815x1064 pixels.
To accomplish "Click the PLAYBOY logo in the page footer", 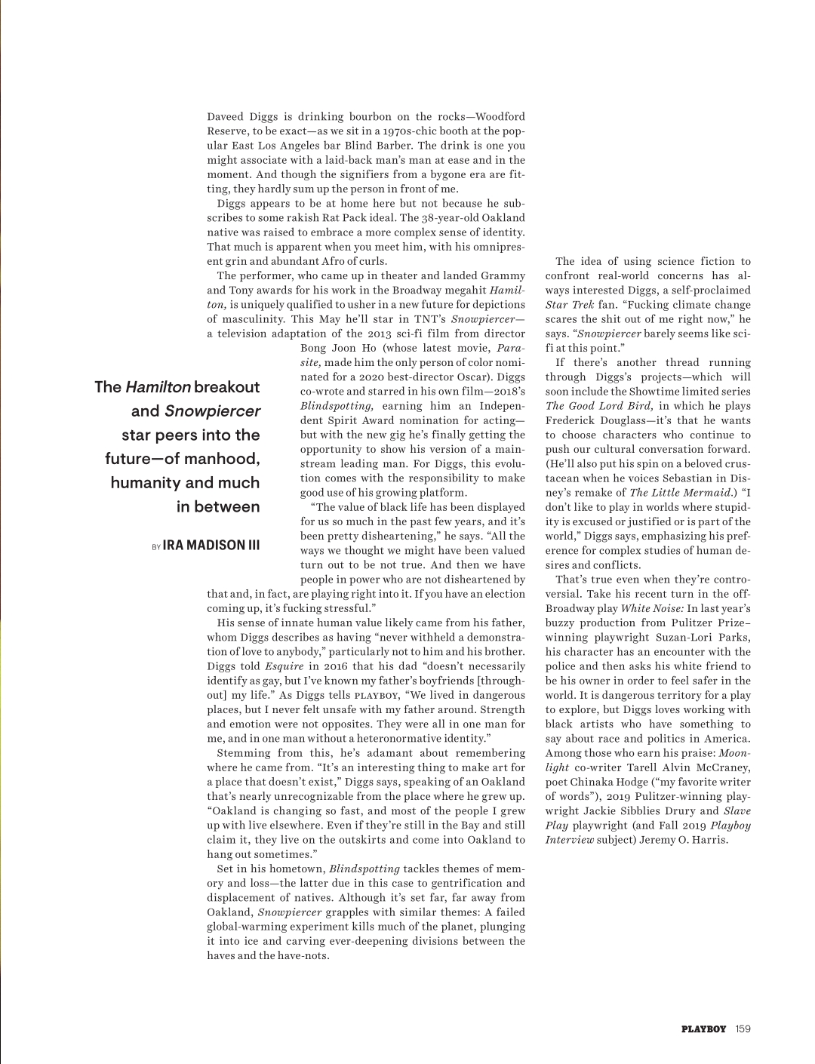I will click(703, 1029).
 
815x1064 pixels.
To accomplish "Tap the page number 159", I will click(743, 1029).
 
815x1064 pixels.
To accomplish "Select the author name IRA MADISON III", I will click(211, 545).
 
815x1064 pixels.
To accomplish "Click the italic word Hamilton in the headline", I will click(158, 387).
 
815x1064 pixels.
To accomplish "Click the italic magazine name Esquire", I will click(284, 666).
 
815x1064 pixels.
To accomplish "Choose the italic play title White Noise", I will click(652, 608).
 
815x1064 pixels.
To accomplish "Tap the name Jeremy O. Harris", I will click(683, 840).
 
